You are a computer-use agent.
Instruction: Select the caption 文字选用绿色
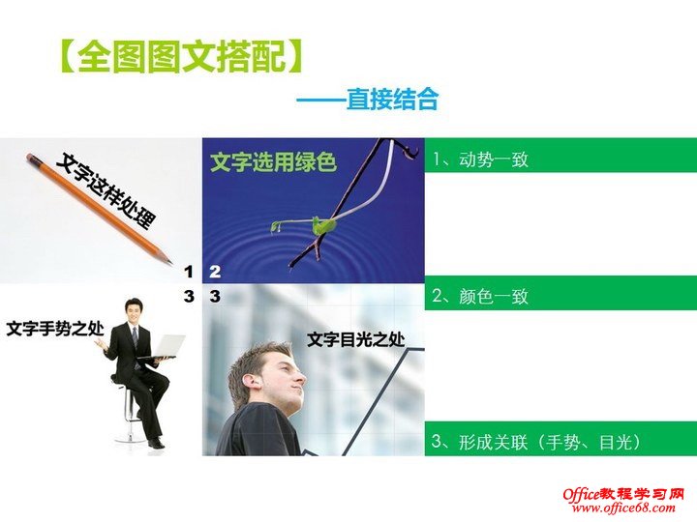coord(273,162)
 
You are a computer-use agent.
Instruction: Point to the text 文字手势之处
coord(54,329)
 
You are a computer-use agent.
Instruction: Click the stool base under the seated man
coord(129,437)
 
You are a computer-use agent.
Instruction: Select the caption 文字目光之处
coord(355,339)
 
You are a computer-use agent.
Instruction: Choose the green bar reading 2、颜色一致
coord(561,296)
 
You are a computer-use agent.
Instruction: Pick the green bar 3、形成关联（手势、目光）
coord(561,442)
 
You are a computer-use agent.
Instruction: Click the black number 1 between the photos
coord(189,272)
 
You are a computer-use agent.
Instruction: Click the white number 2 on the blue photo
coord(215,272)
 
